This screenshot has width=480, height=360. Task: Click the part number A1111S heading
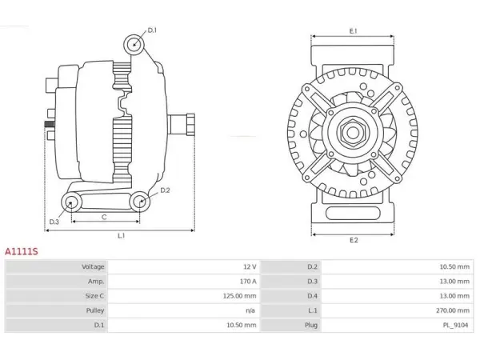22,252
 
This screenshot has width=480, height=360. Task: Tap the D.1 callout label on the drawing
152,30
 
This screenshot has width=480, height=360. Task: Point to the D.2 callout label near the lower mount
165,190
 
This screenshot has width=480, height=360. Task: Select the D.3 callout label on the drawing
54,222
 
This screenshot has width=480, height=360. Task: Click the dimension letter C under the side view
104,217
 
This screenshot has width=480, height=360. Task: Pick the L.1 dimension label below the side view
122,236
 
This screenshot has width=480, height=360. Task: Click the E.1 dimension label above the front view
354,31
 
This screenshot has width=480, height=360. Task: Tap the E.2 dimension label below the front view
354,240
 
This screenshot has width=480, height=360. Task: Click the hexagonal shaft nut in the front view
353,132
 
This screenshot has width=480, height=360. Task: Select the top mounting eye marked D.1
134,45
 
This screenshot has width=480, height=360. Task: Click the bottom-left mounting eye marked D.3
71,202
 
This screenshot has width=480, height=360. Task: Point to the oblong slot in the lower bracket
353,214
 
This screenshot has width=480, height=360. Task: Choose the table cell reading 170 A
248,281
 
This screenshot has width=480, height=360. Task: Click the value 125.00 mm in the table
239,296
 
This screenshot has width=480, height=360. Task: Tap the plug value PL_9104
456,325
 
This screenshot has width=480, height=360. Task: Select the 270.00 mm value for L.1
453,310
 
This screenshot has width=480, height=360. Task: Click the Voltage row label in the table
93,266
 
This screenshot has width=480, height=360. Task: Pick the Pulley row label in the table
95,310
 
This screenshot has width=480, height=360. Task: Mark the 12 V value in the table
250,266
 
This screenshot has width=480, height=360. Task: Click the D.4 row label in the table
313,296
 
